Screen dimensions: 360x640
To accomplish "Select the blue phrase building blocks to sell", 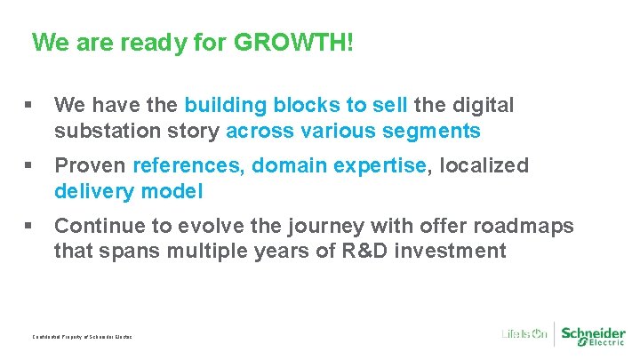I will click(x=295, y=105).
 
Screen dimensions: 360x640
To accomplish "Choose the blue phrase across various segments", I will click(x=354, y=132).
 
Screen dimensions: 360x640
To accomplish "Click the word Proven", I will click(x=91, y=165).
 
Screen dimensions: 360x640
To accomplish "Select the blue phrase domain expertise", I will click(x=340, y=165).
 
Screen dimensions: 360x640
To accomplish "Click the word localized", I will click(x=484, y=165).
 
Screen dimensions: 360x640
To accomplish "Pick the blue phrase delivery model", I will click(x=129, y=191).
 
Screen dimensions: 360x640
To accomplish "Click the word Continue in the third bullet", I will click(x=99, y=226).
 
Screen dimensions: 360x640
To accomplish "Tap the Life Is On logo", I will click(x=524, y=333).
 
